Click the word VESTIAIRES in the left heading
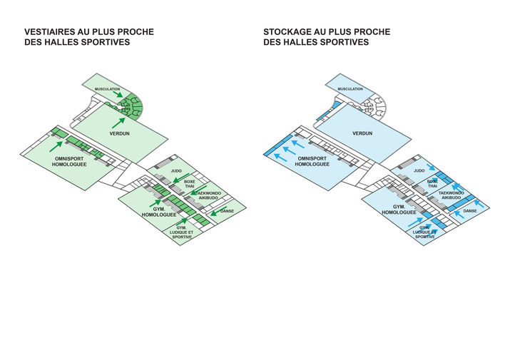(x=50, y=32)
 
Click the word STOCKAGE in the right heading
(x=287, y=32)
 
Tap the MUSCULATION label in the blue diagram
(x=351, y=89)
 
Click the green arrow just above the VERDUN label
(x=118, y=123)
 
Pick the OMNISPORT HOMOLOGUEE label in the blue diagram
(x=314, y=160)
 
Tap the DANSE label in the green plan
(x=227, y=211)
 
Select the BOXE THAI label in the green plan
(x=190, y=185)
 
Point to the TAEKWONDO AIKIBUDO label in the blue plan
(x=451, y=195)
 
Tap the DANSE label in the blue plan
(x=470, y=211)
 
